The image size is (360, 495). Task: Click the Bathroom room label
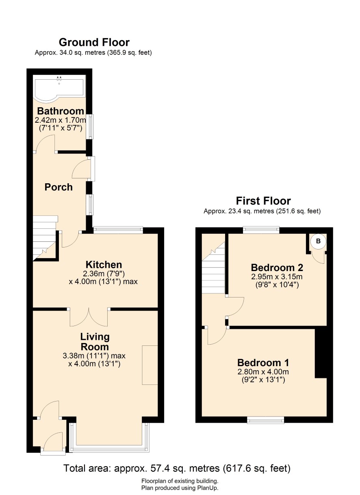(60, 111)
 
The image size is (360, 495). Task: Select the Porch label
(59, 187)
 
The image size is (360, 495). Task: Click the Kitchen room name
(104, 265)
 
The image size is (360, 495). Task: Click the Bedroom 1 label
(263, 363)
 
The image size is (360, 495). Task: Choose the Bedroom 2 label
(277, 267)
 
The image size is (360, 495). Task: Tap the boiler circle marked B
(318, 241)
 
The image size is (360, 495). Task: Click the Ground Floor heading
(94, 42)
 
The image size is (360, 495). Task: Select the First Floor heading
(263, 201)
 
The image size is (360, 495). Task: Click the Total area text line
(177, 468)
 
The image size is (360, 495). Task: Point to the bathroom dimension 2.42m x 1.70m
(60, 120)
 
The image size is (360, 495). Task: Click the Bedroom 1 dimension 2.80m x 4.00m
(263, 372)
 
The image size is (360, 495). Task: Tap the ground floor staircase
(45, 238)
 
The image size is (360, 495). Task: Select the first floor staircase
(213, 267)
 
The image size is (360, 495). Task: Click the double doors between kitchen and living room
(89, 317)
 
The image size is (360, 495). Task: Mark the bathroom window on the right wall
(90, 126)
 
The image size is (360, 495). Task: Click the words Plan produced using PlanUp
(180, 488)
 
